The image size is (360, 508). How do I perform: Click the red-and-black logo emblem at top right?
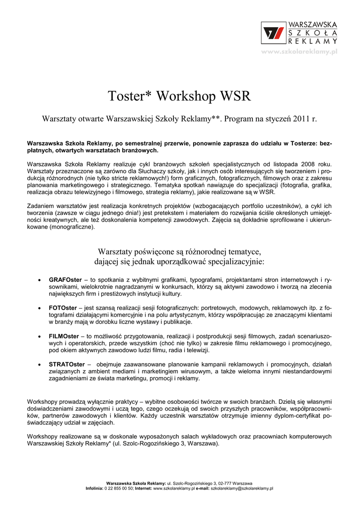click(274, 33)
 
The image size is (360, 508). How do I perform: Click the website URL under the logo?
click(299, 52)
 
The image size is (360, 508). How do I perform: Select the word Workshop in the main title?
click(186, 96)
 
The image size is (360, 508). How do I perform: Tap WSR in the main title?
click(235, 96)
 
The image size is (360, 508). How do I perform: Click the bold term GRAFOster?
click(65, 280)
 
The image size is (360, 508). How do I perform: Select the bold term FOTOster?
click(63, 308)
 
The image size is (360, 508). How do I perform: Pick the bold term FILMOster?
click(63, 336)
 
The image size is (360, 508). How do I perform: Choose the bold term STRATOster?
click(67, 364)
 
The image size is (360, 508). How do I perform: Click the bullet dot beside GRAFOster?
click(39, 281)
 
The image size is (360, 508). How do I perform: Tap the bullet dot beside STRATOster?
click(39, 365)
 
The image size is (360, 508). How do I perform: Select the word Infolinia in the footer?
click(94, 488)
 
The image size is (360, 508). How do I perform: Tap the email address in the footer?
click(242, 488)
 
